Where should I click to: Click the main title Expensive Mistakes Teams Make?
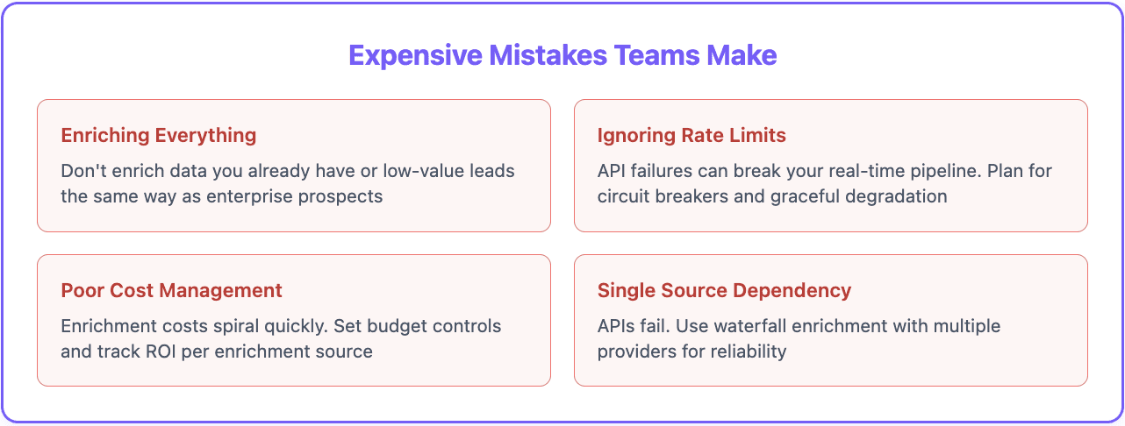pyautogui.click(x=562, y=55)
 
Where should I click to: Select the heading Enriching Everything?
pyautogui.click(x=159, y=136)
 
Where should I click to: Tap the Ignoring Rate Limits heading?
pyautogui.click(x=691, y=136)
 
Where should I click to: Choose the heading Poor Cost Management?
pyautogui.click(x=172, y=290)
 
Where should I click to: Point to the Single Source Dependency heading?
pyautogui.click(x=724, y=290)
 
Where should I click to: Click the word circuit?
pyautogui.click(x=626, y=195)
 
